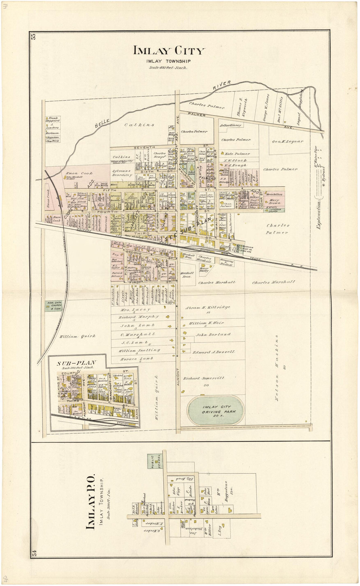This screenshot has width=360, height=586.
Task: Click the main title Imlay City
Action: click(x=169, y=51)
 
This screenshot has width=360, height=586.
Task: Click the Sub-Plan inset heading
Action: click(x=77, y=363)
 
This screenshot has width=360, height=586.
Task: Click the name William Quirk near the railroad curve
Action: click(x=77, y=336)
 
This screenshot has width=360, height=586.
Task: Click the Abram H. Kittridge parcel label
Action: click(x=207, y=307)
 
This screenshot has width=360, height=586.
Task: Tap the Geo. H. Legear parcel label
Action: click(x=287, y=142)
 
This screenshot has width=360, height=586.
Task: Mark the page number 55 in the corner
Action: click(x=33, y=36)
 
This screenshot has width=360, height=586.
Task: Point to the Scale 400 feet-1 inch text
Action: click(x=168, y=68)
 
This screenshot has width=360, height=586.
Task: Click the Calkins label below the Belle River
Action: click(x=139, y=125)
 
